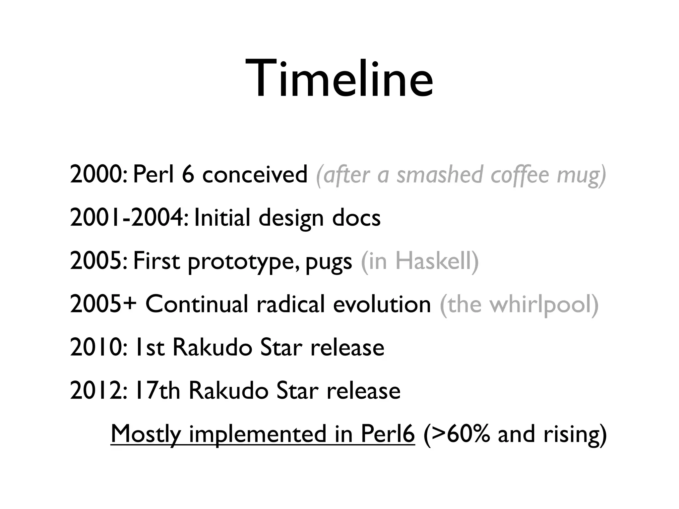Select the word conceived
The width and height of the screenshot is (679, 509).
pos(255,175)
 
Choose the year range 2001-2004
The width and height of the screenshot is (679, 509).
pos(128,218)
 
